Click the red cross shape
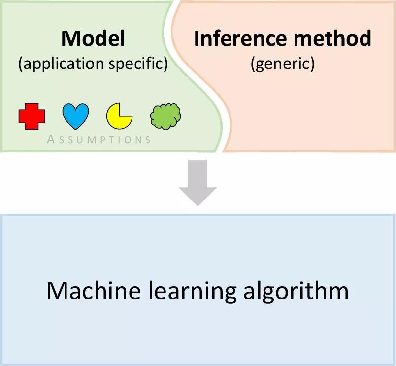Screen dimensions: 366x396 pos(32,117)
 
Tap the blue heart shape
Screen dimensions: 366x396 pos(75,117)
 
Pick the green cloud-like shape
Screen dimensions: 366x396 pos(165,116)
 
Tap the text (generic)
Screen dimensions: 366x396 pos(282,64)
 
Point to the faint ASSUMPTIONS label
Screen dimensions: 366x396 pos(99,139)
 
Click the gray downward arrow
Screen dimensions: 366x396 pos(198,182)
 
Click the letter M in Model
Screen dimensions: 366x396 pos(70,38)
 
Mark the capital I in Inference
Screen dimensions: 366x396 pos(198,38)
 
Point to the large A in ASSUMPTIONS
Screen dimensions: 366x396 pos(51,139)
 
